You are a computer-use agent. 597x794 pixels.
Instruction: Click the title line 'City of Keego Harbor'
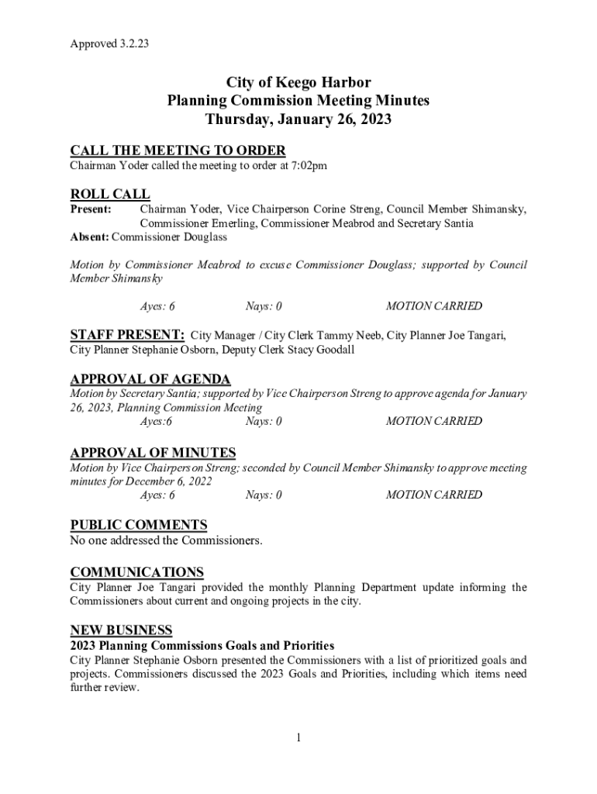pos(298,82)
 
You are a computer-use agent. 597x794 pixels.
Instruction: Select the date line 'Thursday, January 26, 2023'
pos(298,119)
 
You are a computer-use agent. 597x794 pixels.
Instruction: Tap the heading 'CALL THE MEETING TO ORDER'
pos(178,150)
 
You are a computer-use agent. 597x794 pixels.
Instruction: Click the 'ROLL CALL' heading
pos(110,194)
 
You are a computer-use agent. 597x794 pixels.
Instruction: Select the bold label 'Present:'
pos(91,209)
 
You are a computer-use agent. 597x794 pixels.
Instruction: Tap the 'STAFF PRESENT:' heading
pos(127,335)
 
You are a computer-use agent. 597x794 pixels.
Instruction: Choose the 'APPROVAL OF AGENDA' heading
pos(150,379)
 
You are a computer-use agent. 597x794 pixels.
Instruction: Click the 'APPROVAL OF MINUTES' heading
pos(153,453)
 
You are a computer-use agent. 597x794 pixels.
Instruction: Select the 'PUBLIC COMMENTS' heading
pos(139,525)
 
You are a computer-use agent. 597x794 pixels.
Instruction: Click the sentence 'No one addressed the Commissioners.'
pos(166,540)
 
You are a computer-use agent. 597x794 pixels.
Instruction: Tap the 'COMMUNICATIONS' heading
pos(137,572)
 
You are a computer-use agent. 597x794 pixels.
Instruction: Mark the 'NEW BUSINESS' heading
pos(121,630)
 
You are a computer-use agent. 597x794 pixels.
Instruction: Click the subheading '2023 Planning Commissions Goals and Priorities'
pos(202,645)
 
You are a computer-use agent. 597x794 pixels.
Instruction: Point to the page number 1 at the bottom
pos(298,737)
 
